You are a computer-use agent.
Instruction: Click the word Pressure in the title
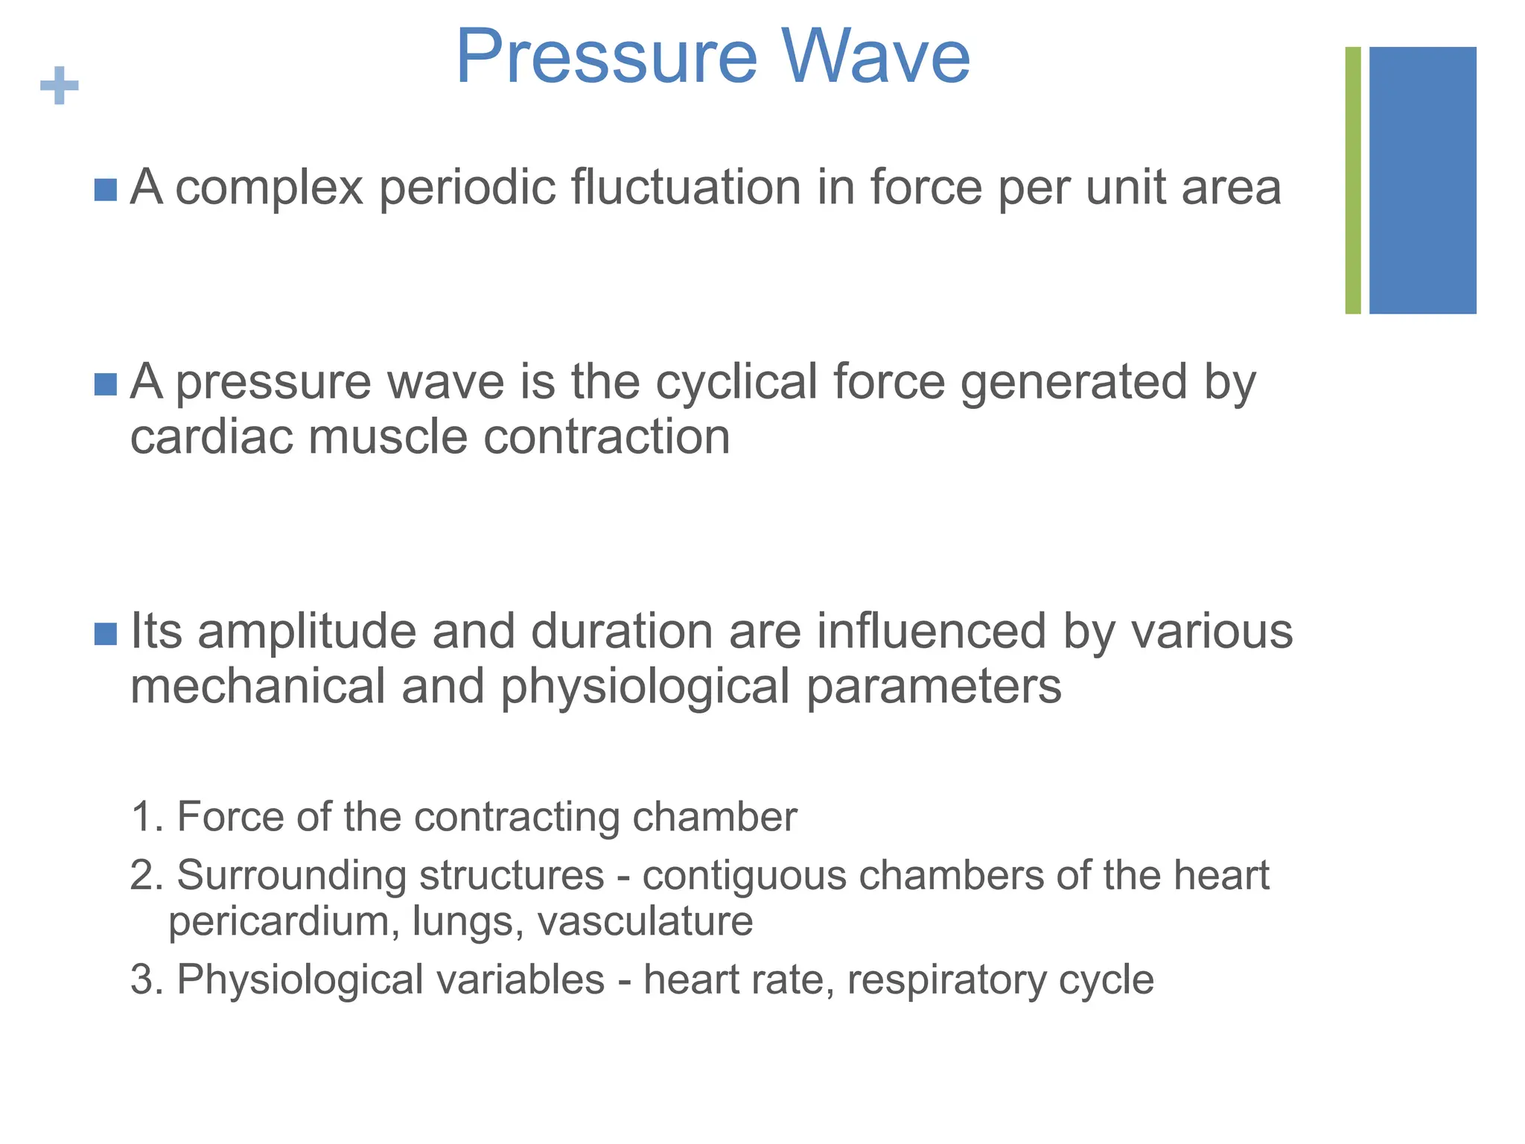[606, 57]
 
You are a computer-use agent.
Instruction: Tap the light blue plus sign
[60, 86]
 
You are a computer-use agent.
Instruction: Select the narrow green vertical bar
[1353, 180]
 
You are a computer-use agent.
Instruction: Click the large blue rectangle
[1422, 180]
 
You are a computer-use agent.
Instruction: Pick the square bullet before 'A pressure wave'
[106, 384]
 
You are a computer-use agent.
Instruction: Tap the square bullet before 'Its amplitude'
[106, 634]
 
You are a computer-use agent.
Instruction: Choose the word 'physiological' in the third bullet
[644, 687]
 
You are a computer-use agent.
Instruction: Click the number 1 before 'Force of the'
[142, 817]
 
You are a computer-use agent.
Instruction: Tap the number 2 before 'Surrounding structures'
[142, 875]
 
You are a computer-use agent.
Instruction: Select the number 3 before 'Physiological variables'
[142, 979]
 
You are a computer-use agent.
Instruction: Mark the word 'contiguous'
[744, 875]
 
